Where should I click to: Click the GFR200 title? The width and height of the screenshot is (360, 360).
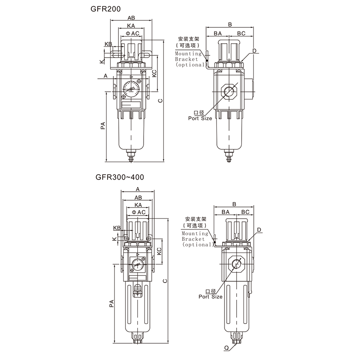[105, 9]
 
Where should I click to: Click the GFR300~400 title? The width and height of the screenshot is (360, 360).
[120, 177]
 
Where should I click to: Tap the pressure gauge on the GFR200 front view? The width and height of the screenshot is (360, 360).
[131, 89]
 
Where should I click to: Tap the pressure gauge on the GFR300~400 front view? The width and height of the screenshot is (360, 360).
[137, 265]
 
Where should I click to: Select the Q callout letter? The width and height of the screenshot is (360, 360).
[227, 348]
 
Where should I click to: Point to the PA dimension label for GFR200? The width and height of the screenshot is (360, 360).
[103, 126]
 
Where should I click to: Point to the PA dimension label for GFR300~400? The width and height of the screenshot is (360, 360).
[111, 303]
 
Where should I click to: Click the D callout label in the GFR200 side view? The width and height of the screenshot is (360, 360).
[254, 51]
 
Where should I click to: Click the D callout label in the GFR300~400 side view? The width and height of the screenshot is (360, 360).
[259, 230]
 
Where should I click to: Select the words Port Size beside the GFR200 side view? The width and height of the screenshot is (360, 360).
[200, 118]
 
